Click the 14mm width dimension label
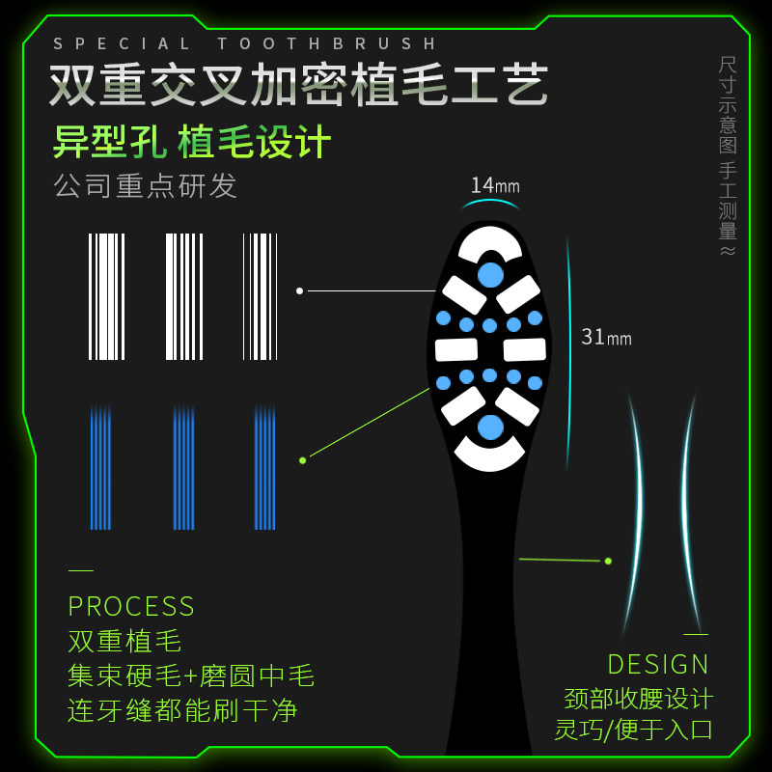495,185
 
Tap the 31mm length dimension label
606,337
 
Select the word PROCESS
131,606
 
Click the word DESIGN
658,664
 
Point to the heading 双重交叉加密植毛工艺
299,86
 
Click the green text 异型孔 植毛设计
192,143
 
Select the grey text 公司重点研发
146,185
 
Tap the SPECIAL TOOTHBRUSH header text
246,43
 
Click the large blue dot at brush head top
490,275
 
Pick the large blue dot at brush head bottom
490,427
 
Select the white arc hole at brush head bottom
490,456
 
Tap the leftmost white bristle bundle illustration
106,296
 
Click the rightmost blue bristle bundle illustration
264,468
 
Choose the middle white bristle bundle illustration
183,296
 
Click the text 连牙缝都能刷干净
182,711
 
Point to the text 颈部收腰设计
639,698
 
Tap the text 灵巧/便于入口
634,729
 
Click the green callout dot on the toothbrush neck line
608,561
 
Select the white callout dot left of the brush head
299,290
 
